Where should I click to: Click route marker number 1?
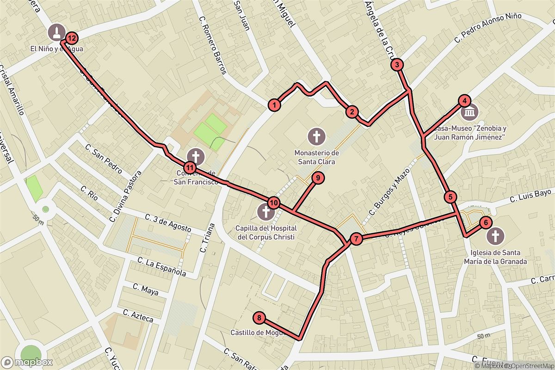(275, 105)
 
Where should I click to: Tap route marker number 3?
(397, 65)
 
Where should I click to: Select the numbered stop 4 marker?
(464, 101)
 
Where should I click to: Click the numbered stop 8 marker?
(259, 318)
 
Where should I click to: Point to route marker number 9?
(318, 178)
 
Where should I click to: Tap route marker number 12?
(72, 38)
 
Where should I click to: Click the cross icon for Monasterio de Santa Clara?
(317, 136)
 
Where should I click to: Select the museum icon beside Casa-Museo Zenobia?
(470, 112)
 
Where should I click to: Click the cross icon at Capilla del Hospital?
(265, 212)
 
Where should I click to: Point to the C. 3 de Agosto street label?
(168, 222)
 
